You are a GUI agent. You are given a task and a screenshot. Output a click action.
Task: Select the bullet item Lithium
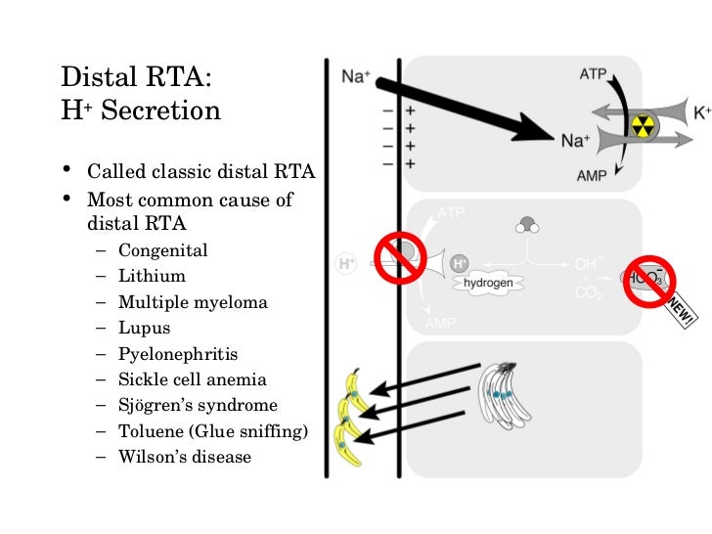coord(152,277)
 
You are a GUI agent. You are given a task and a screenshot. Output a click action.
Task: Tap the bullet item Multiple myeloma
coord(193,303)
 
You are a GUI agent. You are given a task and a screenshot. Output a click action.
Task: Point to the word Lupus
coord(144,329)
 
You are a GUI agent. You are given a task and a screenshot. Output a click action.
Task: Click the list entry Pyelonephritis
coord(178,354)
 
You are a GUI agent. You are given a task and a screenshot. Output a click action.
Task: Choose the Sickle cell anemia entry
coord(192,379)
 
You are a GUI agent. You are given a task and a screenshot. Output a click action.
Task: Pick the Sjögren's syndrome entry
coord(198,405)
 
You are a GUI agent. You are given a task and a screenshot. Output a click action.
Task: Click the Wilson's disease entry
coord(185,456)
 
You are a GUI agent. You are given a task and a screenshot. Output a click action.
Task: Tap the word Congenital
coord(162,250)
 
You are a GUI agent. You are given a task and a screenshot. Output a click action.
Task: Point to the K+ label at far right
coord(701,112)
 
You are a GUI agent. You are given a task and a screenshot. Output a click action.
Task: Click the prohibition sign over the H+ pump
coord(397,257)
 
